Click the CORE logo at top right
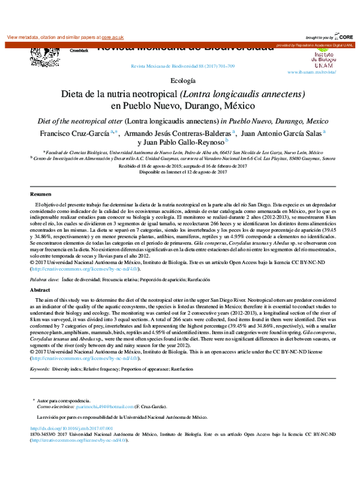coord(346,37)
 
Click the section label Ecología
coord(183,80)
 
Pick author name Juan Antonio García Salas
coord(290,133)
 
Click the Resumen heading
coord(41,196)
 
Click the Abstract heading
coord(41,289)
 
